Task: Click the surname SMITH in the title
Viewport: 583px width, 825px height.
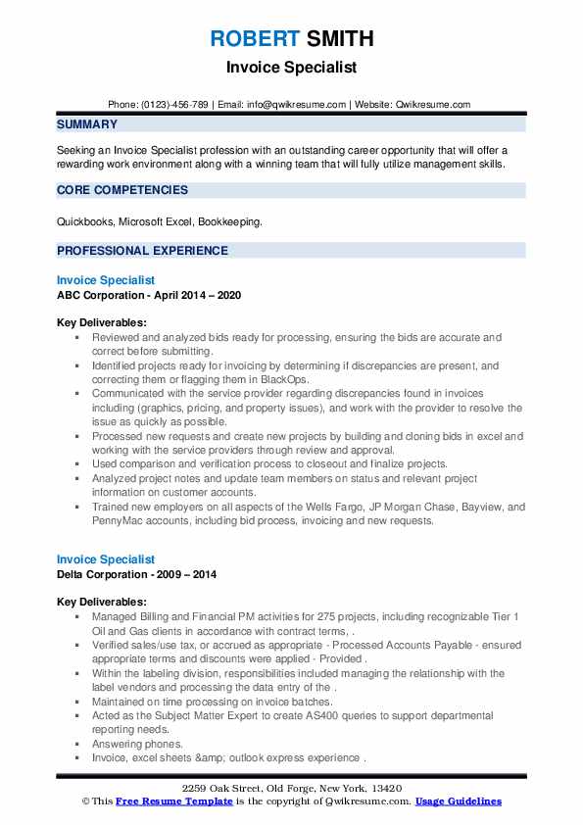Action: [x=339, y=39]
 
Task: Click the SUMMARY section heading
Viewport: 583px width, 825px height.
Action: [x=87, y=124]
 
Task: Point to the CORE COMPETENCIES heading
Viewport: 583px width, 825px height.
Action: [x=122, y=190]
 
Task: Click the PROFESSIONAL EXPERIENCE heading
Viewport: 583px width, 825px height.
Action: [x=142, y=250]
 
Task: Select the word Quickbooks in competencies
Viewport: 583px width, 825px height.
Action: [x=85, y=222]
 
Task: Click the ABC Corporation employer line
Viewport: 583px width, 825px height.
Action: [x=148, y=295]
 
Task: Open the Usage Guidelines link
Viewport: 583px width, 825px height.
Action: [x=458, y=801]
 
